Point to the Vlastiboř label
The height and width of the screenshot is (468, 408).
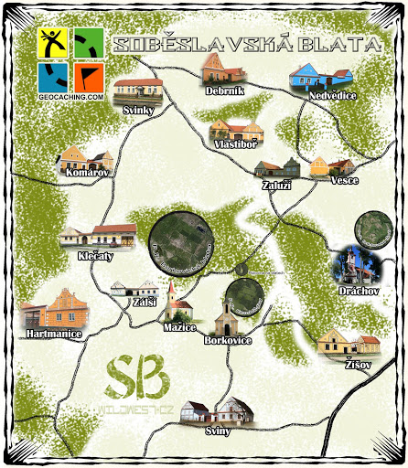point(235,144)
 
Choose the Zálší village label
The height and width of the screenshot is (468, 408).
point(144,303)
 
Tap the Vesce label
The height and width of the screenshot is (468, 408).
point(344,180)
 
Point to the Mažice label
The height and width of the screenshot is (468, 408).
point(179,326)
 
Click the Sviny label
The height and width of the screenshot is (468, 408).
point(219,431)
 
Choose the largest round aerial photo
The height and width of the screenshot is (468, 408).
point(184,246)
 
